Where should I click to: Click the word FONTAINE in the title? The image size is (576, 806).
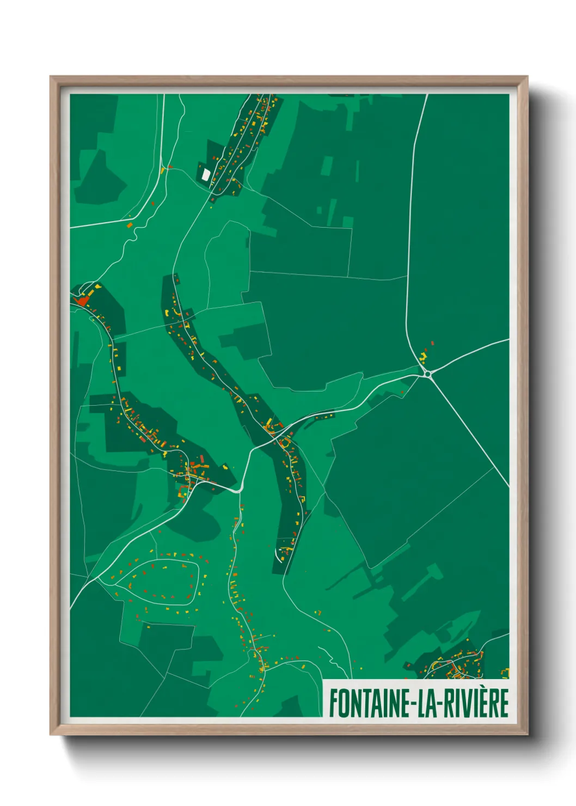click(x=369, y=703)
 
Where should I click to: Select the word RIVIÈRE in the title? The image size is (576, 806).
click(x=476, y=703)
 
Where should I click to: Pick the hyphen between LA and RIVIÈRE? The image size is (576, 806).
click(x=443, y=704)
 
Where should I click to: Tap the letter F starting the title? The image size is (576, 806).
click(x=332, y=703)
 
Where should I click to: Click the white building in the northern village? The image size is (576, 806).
click(x=206, y=174)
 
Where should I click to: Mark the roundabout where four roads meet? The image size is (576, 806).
click(x=428, y=374)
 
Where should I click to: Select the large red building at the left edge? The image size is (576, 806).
click(x=83, y=300)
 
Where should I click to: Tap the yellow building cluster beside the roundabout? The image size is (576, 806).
click(x=423, y=357)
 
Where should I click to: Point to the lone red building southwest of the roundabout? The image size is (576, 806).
click(x=402, y=392)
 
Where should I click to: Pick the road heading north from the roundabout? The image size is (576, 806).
click(x=409, y=245)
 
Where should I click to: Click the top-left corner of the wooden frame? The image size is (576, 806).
click(x=51, y=77)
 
